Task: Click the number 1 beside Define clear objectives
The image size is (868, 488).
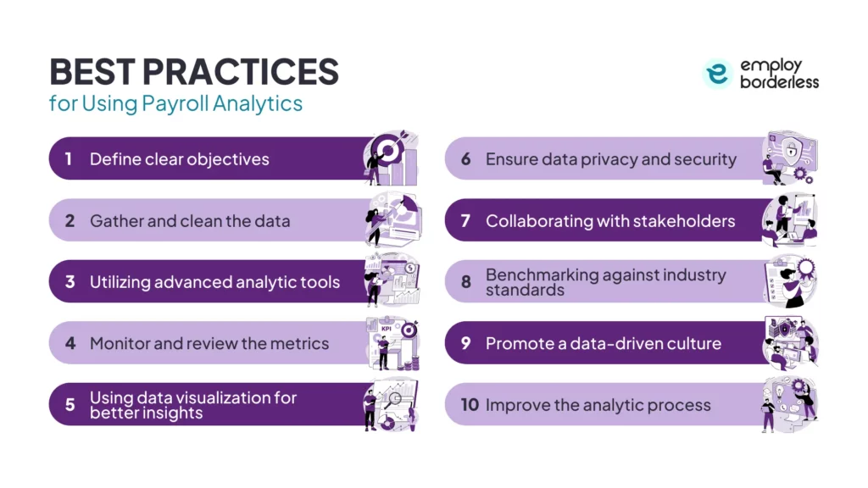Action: pyautogui.click(x=70, y=159)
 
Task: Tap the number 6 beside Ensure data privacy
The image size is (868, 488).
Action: pyautogui.click(x=466, y=159)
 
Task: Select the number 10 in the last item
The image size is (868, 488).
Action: pyautogui.click(x=470, y=404)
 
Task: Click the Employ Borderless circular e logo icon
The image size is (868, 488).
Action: pyautogui.click(x=717, y=74)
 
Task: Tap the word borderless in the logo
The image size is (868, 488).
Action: pyautogui.click(x=779, y=82)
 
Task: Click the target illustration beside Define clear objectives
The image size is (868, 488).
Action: pyautogui.click(x=391, y=158)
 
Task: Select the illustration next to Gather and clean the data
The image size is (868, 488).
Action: pyautogui.click(x=391, y=219)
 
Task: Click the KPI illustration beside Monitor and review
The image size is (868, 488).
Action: pyautogui.click(x=391, y=342)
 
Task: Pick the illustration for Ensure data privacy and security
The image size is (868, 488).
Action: pyautogui.click(x=788, y=158)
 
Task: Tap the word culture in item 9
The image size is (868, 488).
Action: pyautogui.click(x=693, y=343)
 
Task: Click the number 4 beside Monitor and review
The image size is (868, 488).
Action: pyautogui.click(x=70, y=343)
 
